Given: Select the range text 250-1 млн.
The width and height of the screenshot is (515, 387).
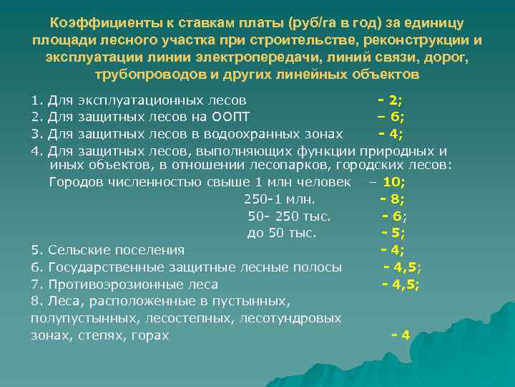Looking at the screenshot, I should pos(280,199).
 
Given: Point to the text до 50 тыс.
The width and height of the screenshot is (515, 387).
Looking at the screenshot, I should pos(282,232).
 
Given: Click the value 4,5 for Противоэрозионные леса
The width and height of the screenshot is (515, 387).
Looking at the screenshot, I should pos(406,284).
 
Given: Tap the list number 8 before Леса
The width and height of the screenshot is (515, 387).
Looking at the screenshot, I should pos(34,301).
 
